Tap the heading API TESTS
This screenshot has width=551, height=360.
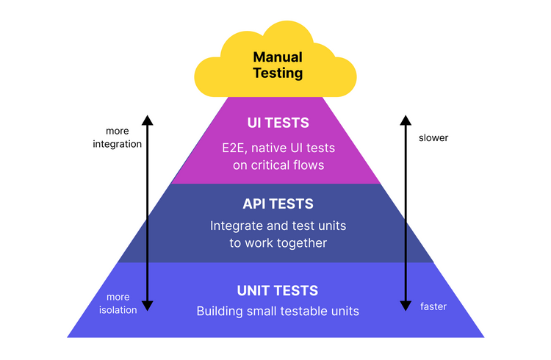click(278, 204)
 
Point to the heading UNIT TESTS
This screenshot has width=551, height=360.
click(278, 290)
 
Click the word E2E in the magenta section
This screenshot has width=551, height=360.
click(234, 148)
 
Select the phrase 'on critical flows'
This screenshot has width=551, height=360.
click(278, 165)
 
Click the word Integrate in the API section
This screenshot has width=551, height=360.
click(235, 226)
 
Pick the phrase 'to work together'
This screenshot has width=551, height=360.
click(278, 243)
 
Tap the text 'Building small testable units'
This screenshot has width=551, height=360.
click(278, 311)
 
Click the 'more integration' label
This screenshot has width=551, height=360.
click(117, 137)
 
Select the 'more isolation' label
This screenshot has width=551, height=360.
click(117, 303)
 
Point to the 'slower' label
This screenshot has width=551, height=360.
click(433, 137)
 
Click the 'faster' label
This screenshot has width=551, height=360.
click(433, 306)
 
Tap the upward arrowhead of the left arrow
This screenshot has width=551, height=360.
click(147, 120)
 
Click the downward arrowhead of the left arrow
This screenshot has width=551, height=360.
click(147, 306)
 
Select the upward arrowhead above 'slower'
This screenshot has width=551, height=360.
click(403, 120)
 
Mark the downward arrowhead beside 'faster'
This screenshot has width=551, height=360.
click(403, 306)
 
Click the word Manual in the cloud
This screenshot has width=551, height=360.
click(277, 57)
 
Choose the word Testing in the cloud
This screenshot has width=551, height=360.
click(277, 73)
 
